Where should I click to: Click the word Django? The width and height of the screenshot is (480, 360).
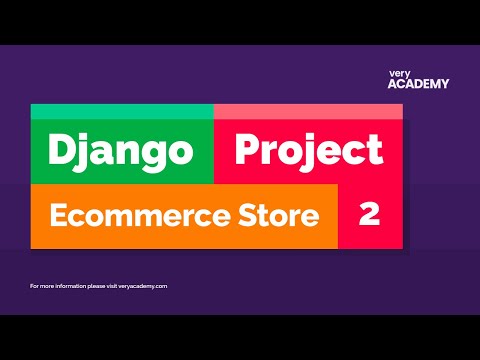coord(120,151)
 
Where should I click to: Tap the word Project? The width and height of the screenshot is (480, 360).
coord(308,151)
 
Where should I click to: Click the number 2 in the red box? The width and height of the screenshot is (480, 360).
coord(369,215)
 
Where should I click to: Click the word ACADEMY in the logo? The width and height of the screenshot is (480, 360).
coord(418,84)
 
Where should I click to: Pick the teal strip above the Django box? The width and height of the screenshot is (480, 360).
coord(122,111)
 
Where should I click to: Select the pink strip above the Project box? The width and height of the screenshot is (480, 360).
coord(308,111)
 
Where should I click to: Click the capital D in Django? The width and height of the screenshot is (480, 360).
coord(63,151)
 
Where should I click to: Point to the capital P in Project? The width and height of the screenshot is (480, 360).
coord(247,151)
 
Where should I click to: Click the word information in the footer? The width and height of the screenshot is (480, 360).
coord(64,286)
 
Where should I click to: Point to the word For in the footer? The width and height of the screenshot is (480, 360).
coord(36,286)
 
